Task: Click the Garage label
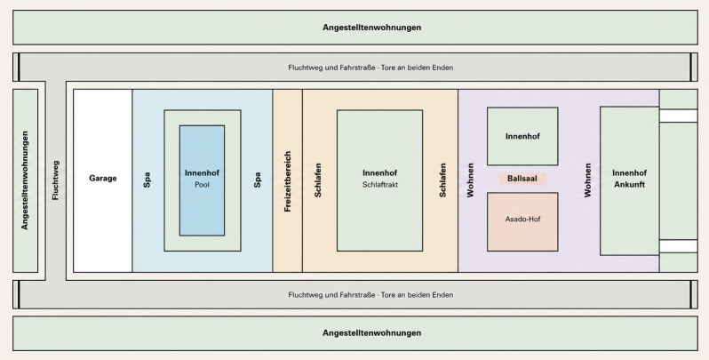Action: point(103,178)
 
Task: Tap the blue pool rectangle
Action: point(202,180)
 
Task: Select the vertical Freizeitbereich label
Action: point(288,181)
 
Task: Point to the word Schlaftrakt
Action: point(380,185)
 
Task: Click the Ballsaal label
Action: point(522,179)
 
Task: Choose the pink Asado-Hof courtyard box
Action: point(522,221)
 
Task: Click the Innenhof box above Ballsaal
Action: point(522,136)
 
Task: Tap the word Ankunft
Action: point(629,185)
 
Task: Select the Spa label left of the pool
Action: point(147,180)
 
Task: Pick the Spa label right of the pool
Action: point(258,180)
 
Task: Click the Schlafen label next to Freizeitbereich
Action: point(318,180)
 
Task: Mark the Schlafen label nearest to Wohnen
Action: point(442,180)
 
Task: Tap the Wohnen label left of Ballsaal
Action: point(470,180)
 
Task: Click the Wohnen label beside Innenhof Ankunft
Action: point(587,180)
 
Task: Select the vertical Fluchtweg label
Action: point(55,180)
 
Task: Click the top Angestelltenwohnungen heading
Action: point(371,28)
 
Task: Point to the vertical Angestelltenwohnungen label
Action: point(24,180)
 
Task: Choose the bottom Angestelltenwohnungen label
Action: point(371,333)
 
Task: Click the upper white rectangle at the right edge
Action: point(678,116)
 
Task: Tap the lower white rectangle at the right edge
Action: point(678,246)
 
